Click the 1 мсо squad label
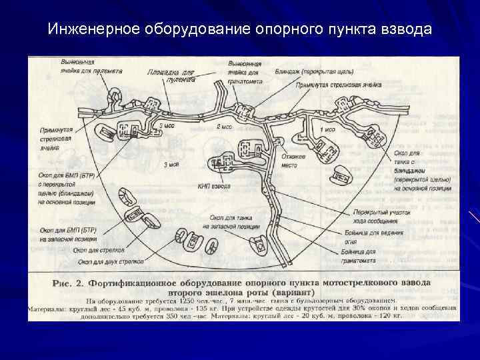point(327,129)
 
